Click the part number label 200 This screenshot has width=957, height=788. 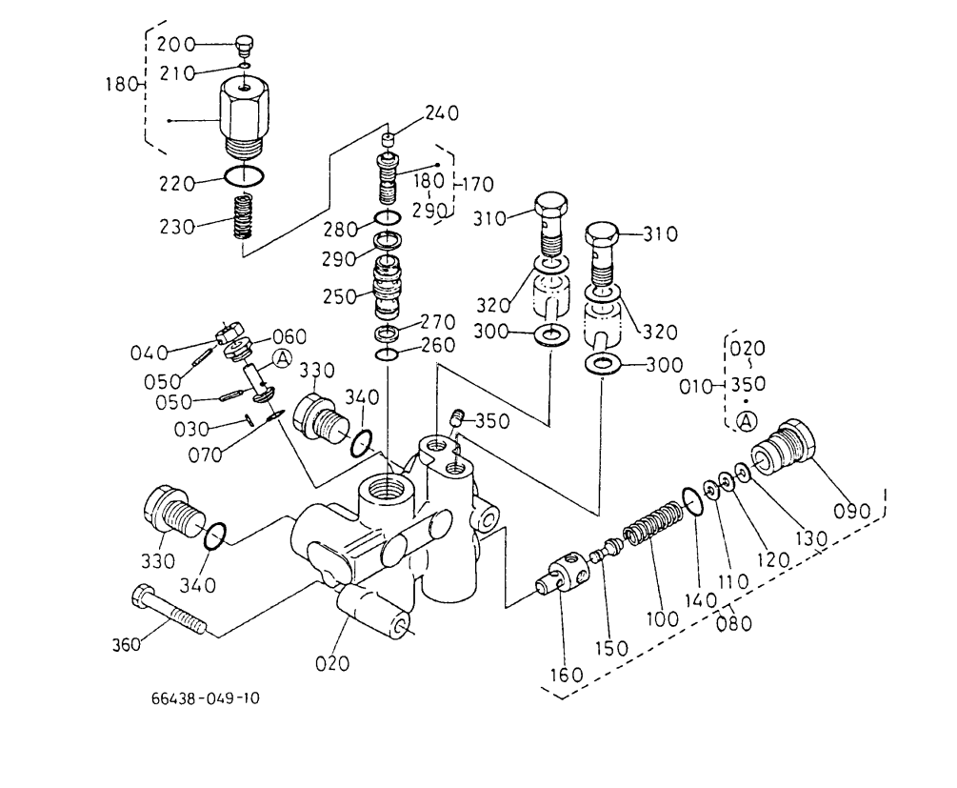pos(176,45)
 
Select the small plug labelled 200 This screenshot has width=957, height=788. pos(245,46)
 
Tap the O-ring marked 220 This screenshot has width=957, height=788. pos(244,176)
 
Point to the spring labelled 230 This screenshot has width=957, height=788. pos(244,216)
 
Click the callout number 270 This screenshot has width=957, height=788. pos(438,322)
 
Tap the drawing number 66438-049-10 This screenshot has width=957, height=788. pos(206,697)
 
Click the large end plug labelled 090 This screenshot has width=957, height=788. pos(783,450)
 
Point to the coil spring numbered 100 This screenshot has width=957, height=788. pos(652,523)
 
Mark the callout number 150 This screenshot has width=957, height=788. pos(611,648)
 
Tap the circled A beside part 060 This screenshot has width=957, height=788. pos(282,358)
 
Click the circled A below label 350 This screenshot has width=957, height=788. pos(746,421)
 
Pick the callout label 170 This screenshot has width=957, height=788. pos(477,184)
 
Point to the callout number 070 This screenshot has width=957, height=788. pos(205,455)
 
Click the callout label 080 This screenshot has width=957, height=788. pos(734,624)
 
